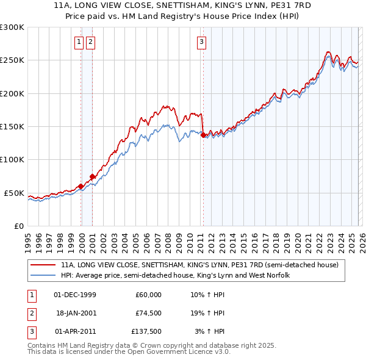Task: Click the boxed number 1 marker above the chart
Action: tap(79, 42)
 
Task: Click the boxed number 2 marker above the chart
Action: tap(90, 42)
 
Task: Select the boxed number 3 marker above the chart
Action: tap(201, 42)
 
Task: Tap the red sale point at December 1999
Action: tap(81, 186)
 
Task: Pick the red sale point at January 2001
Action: tap(92, 177)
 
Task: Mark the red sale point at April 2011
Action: tap(203, 135)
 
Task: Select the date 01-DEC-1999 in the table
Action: tap(75, 295)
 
